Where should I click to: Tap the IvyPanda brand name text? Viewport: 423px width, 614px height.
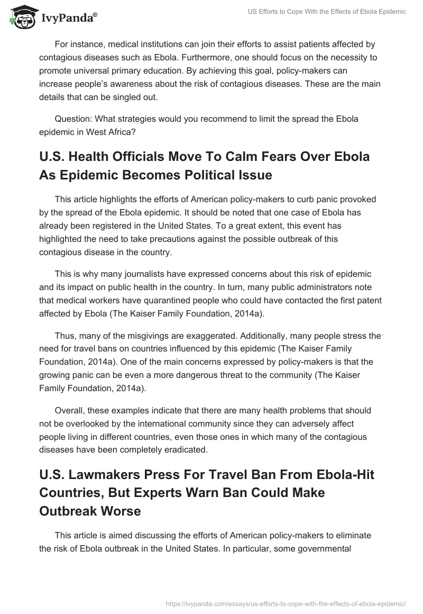pyautogui.click(x=68, y=19)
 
